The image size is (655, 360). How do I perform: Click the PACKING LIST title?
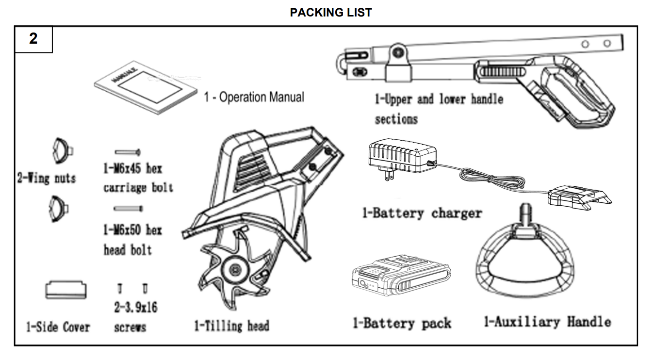(330, 13)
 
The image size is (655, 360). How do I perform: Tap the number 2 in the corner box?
(33, 38)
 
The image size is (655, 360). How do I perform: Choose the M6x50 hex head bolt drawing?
(128, 209)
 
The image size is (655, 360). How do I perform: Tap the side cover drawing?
(66, 290)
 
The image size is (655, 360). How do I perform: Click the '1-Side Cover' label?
(58, 327)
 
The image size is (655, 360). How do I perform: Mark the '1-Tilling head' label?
(231, 326)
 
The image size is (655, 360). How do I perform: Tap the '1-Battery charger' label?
(422, 213)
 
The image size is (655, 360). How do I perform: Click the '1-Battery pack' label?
(402, 323)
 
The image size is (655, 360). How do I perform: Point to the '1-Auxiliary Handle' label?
(547, 322)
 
